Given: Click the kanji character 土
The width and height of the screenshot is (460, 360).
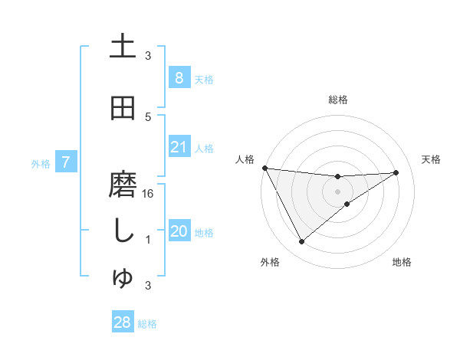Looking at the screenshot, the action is point(123,47).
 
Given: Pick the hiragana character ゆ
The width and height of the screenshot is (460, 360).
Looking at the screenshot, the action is point(123,279).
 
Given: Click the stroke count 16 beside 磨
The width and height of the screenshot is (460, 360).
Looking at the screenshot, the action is point(149,194).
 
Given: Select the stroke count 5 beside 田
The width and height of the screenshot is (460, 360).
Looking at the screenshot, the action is point(149,117).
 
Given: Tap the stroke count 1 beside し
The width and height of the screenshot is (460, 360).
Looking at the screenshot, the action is point(149,240).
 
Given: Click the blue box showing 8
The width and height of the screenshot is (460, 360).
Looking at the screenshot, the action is point(179,77).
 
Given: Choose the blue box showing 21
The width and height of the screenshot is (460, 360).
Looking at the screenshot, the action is point(179,147).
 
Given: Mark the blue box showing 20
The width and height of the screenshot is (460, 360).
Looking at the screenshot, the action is point(179,232).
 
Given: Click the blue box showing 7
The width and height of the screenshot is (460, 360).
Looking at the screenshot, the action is point(67,162).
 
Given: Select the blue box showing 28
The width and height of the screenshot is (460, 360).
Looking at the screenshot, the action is point(123,322).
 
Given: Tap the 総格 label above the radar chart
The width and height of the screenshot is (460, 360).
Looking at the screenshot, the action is point(337,100).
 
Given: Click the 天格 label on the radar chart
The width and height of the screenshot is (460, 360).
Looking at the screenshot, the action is point(431,159).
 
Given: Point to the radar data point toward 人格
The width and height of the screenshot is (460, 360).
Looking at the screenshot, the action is point(264,168).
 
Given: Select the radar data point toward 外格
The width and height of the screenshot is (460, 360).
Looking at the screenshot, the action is point(301,242).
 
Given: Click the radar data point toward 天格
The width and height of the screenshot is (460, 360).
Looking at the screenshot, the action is point(396,172).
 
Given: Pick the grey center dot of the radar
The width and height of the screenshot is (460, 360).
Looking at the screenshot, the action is point(337,191).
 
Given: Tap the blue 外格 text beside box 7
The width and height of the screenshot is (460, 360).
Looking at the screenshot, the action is point(41,163).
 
